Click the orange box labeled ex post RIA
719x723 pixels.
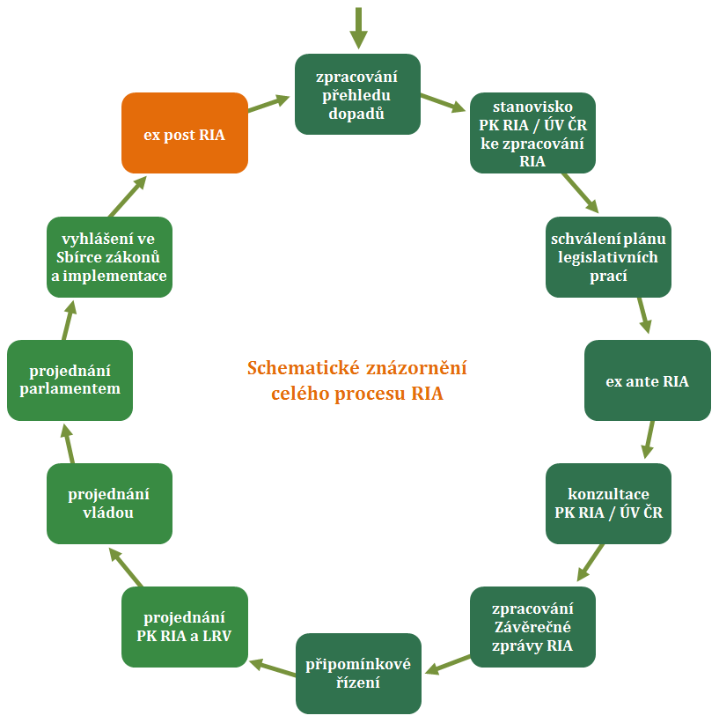coord(185,133)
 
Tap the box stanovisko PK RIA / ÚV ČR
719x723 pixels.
coord(533,133)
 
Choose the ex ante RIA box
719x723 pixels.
coord(647,380)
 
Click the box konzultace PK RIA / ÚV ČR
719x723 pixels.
coord(609,504)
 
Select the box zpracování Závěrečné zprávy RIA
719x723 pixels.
coord(533,627)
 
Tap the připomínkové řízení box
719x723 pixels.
coord(357,673)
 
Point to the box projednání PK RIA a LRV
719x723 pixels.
coord(185,627)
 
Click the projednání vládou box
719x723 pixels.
coord(109,504)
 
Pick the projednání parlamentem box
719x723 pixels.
coord(70,380)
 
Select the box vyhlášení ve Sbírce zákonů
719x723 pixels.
coord(109,256)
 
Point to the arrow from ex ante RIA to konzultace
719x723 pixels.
coord(649,439)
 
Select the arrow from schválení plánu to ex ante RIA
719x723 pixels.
coord(643,314)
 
